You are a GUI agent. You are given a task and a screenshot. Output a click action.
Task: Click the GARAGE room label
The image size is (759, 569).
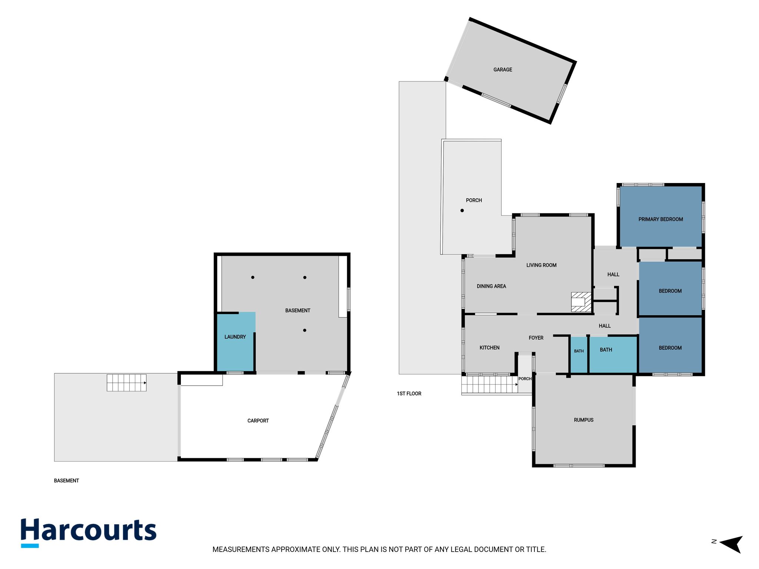(503, 70)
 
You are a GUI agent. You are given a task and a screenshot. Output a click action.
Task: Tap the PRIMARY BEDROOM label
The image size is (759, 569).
(660, 219)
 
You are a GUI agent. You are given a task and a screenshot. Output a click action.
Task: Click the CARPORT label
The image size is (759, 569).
(258, 421)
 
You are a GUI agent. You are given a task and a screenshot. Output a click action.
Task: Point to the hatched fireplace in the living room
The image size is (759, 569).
(581, 302)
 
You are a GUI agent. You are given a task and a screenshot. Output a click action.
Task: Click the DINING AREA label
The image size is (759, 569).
(491, 286)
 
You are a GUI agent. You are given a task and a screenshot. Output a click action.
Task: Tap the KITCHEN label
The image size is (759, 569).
(489, 348)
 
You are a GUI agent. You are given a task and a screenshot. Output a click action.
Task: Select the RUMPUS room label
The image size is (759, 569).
(583, 420)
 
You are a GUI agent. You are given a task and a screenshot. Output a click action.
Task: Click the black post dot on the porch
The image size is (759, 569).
(462, 210)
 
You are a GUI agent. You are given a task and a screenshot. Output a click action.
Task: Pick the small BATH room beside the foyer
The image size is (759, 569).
(579, 354)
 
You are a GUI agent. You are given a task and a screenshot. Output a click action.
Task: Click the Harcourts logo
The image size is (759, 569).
(89, 532)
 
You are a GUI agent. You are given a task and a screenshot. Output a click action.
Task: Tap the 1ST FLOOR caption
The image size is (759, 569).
(409, 394)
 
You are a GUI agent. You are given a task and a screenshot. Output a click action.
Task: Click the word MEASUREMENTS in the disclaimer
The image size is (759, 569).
(241, 550)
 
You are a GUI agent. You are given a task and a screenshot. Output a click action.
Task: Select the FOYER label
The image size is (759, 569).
(536, 338)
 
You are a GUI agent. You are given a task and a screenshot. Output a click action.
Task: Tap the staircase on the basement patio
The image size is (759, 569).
(126, 383)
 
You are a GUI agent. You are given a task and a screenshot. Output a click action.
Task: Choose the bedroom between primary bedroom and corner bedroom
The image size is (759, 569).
(670, 289)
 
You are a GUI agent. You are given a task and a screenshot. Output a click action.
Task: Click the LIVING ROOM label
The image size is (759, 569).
(541, 265)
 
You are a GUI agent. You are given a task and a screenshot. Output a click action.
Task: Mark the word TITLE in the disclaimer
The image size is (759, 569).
(536, 550)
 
